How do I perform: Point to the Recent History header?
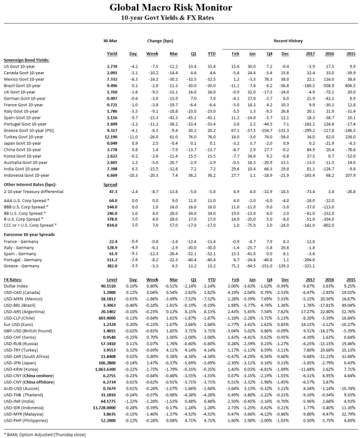click(x=289, y=41)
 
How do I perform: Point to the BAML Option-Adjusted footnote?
click(x=46, y=434)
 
